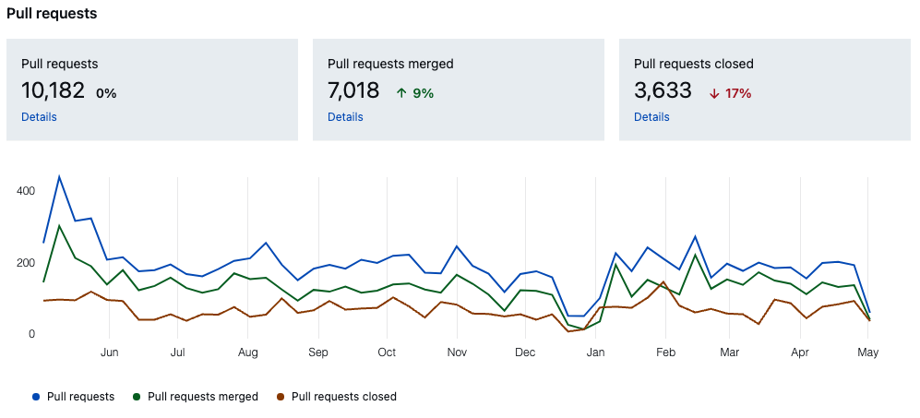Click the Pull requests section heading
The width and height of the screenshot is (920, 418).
(52, 14)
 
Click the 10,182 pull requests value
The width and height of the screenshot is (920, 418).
(54, 90)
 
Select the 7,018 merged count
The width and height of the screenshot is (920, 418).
(353, 90)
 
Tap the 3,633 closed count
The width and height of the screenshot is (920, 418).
(663, 90)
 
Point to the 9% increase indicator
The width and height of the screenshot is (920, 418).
(414, 92)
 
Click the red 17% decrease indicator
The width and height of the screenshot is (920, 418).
(730, 92)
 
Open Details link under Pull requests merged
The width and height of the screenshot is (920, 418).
(345, 117)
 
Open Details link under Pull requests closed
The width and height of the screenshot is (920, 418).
(651, 117)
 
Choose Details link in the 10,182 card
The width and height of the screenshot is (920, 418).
(39, 117)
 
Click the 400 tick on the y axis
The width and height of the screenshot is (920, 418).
(25, 191)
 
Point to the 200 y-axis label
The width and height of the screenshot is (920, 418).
(25, 263)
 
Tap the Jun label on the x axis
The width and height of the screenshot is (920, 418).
(109, 352)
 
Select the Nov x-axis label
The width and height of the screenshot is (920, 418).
(456, 352)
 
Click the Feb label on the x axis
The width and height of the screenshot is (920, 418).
(664, 352)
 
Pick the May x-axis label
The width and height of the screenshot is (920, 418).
(867, 352)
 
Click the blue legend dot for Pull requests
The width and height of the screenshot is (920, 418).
(36, 397)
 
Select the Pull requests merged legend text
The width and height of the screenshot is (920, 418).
(202, 397)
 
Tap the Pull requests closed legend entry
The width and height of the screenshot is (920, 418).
(343, 397)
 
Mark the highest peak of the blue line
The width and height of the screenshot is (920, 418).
(59, 177)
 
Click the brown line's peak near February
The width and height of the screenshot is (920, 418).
(663, 282)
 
